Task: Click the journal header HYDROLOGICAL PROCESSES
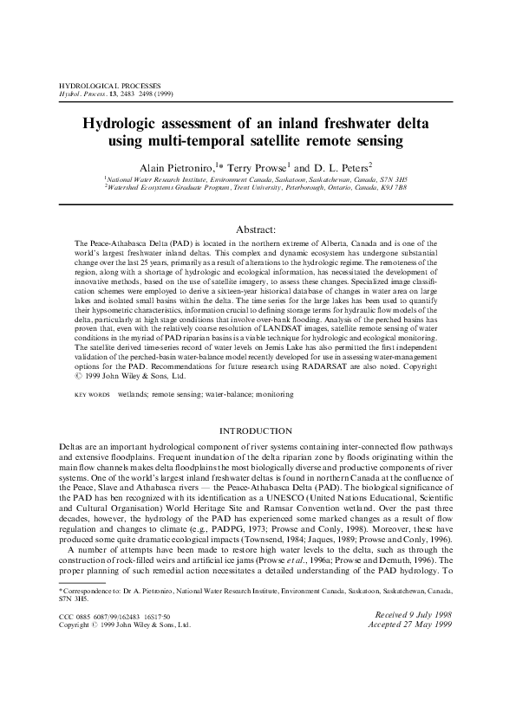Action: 95,88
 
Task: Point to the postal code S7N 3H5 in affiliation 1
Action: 394,177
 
